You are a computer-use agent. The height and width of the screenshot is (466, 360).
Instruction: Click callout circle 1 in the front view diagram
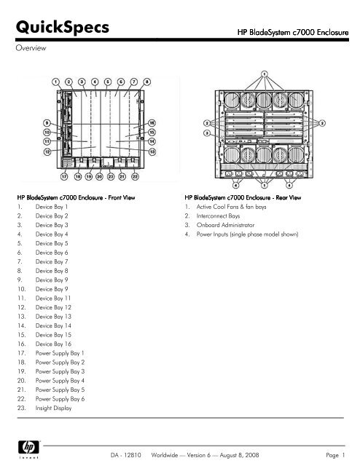(56, 81)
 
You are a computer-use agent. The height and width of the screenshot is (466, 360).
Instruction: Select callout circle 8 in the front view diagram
(146, 81)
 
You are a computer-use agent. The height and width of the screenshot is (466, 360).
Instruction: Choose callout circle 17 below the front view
(66, 177)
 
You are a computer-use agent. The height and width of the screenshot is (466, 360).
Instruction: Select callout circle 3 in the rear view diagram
(207, 134)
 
